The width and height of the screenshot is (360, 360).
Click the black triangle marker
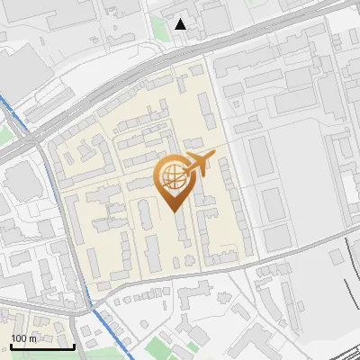[x=181, y=24]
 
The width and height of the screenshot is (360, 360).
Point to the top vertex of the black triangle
[x=181, y=19]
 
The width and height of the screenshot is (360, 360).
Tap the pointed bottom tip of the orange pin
[x=174, y=210]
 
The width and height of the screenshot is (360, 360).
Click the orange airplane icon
[x=201, y=163]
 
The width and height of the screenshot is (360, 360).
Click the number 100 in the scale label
[x=19, y=338]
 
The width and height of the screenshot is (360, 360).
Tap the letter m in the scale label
[x=32, y=338]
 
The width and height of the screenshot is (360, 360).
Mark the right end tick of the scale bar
[x=74, y=346]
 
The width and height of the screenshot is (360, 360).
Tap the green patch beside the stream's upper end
[x=4, y=135]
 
